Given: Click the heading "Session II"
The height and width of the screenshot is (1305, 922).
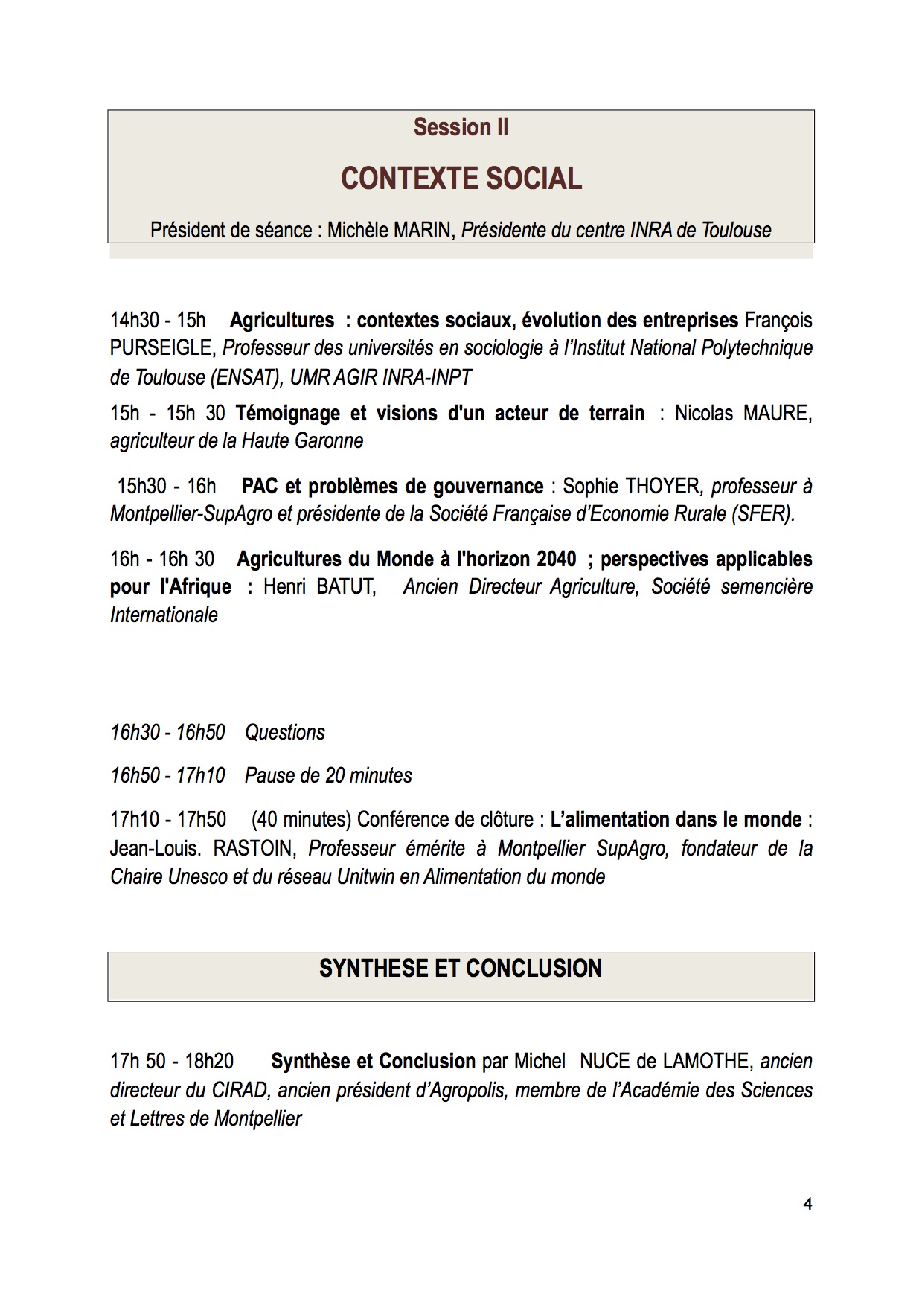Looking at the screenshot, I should point(461,127).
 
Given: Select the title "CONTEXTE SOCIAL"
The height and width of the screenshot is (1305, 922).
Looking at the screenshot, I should point(461,179).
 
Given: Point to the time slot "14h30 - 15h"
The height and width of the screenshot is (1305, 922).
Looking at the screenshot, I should point(158,321).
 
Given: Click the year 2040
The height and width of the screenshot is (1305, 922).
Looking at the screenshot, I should point(555,559).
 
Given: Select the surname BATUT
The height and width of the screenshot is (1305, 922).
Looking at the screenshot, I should point(344,587).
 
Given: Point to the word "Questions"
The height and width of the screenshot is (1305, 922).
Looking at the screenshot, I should point(285,733).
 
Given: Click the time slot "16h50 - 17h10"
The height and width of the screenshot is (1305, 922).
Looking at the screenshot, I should point(167,776).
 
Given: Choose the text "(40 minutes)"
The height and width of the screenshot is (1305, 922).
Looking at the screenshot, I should point(301,820).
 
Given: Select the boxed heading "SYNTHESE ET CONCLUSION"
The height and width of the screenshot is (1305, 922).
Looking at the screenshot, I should point(461,969).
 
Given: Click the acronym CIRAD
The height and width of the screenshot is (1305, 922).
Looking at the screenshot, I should point(240,1091).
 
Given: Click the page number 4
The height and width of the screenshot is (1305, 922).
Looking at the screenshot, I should point(807,1204).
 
